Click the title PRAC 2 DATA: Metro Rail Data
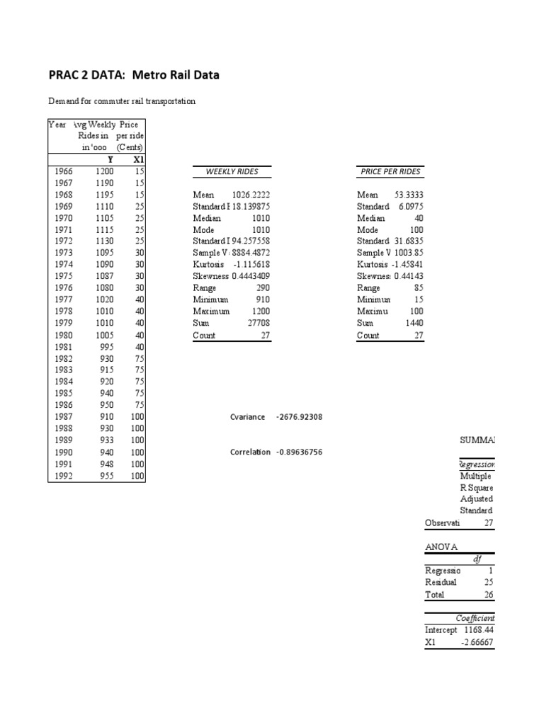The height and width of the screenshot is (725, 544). tap(134, 75)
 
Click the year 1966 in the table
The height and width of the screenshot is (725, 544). tap(62, 171)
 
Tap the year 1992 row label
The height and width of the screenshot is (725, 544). tap(62, 476)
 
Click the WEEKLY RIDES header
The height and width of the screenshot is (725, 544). tap(232, 171)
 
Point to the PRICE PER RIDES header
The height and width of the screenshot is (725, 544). tap(390, 171)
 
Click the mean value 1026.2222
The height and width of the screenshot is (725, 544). tap(251, 195)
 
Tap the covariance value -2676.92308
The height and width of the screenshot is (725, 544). tap(299, 417)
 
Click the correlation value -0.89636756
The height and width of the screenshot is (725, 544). tap(298, 452)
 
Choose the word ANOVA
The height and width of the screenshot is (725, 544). tap(441, 547)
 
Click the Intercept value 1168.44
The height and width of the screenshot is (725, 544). tap(479, 629)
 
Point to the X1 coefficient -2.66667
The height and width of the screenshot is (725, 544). tap(477, 642)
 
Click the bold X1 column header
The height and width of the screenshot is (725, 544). tap(139, 159)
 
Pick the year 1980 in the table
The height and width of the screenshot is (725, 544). tap(62, 336)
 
